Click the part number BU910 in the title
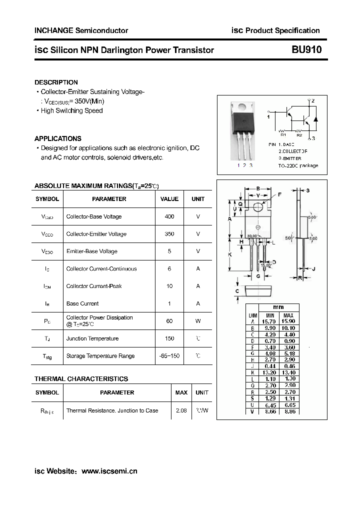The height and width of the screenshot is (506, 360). (x=306, y=49)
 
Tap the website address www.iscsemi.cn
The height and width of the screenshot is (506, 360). (x=109, y=471)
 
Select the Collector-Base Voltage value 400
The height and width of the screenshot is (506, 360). (x=169, y=216)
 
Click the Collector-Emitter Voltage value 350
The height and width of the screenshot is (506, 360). (x=169, y=234)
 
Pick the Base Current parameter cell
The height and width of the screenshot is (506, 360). (x=82, y=303)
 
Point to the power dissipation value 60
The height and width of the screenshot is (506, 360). (x=169, y=321)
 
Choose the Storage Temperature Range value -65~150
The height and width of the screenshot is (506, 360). (x=169, y=356)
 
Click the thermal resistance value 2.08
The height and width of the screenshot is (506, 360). (x=181, y=410)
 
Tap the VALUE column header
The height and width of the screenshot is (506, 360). (x=169, y=199)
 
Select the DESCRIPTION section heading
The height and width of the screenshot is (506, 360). (x=56, y=82)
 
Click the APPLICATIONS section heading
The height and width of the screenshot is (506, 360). (x=58, y=138)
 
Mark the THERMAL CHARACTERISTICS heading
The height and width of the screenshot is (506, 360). (x=81, y=379)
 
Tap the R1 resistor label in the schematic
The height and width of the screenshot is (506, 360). (x=283, y=135)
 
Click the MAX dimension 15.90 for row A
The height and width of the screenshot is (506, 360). (x=288, y=321)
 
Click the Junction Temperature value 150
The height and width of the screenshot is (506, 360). (x=169, y=338)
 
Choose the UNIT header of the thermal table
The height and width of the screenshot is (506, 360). (x=202, y=392)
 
